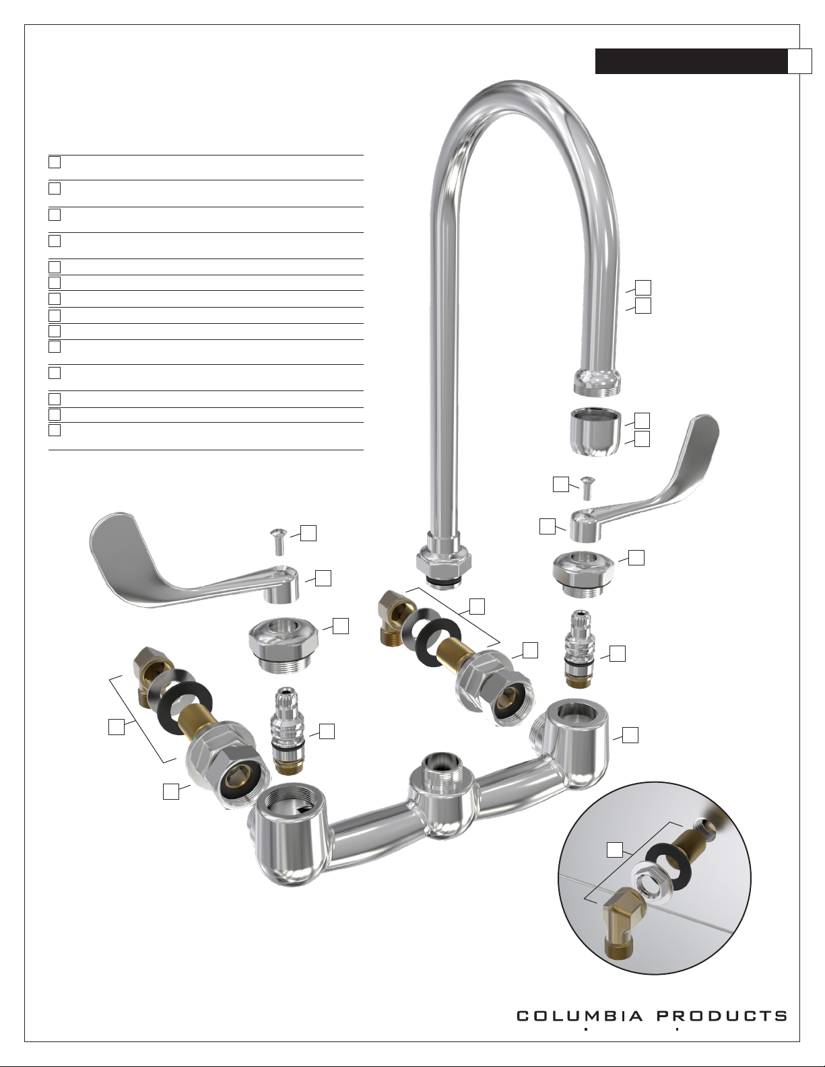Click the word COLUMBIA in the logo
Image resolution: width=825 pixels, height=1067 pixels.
[580, 1016]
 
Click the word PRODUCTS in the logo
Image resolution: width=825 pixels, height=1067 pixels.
[723, 1016]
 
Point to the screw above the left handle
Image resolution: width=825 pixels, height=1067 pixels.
[278, 542]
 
